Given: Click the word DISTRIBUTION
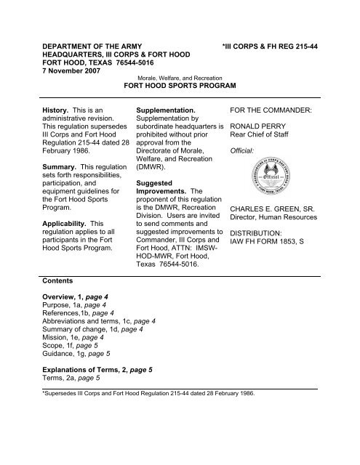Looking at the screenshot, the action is click(263, 234).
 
